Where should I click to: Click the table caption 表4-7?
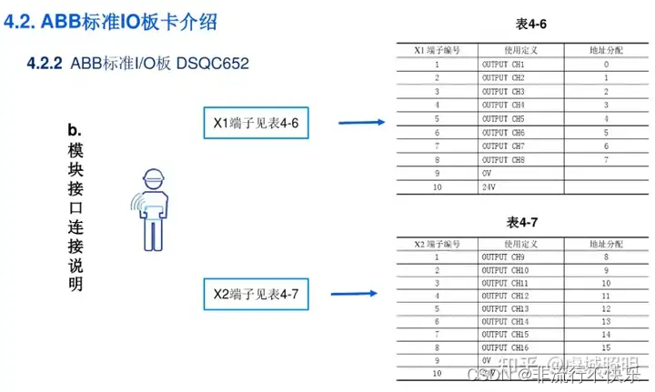523,222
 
